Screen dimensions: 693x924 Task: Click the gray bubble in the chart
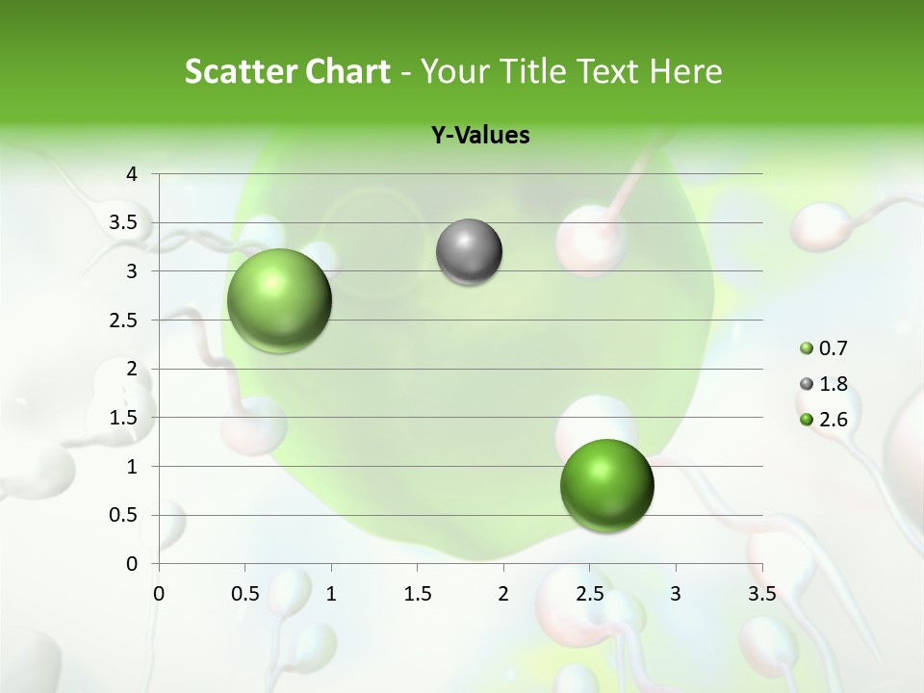pyautogui.click(x=469, y=252)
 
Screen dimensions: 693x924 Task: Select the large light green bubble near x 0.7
pyautogui.click(x=279, y=300)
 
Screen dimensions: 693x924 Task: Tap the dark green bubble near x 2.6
pyautogui.click(x=606, y=485)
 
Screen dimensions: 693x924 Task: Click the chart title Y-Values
pyautogui.click(x=479, y=136)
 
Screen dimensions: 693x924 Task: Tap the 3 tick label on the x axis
pyautogui.click(x=676, y=593)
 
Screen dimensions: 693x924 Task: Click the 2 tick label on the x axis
pyautogui.click(x=503, y=593)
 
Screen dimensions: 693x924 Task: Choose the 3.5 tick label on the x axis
pyautogui.click(x=761, y=593)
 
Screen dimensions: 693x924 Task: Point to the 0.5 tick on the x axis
pyautogui.click(x=245, y=593)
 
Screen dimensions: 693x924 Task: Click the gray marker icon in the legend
pyautogui.click(x=807, y=384)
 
